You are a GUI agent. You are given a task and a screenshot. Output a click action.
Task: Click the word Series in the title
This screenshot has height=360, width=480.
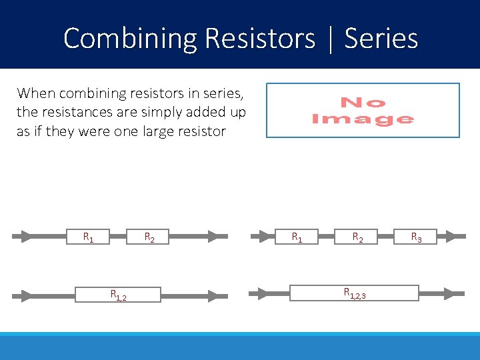[381, 39]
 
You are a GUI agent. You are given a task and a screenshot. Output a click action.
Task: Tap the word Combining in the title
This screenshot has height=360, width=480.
[130, 39]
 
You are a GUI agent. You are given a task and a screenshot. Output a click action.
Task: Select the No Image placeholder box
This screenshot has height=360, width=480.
[363, 110]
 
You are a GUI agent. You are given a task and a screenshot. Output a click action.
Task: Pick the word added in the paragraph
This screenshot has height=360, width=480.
[203, 112]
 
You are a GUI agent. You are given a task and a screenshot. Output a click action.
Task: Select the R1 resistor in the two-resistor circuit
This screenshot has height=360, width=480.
[88, 236]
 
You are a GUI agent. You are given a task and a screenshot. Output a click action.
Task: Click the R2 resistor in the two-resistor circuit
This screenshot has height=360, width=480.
[150, 236]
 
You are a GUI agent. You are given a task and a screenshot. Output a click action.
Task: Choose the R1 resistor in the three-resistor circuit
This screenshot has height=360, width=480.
[295, 236]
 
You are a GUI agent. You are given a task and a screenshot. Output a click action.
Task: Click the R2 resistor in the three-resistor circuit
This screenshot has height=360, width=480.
[357, 236]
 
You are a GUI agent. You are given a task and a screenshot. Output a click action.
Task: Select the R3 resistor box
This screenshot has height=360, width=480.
[415, 236]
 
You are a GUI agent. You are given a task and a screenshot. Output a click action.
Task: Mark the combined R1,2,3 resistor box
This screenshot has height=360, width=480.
[353, 293]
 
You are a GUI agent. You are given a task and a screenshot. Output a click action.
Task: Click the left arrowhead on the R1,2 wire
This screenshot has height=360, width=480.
[27, 294]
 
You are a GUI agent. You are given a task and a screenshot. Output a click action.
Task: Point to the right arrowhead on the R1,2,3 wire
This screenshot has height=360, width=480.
[456, 293]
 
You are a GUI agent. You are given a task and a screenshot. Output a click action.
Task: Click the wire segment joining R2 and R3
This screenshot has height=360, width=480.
[387, 236]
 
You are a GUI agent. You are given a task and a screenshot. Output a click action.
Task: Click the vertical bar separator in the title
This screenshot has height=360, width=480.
[330, 39]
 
